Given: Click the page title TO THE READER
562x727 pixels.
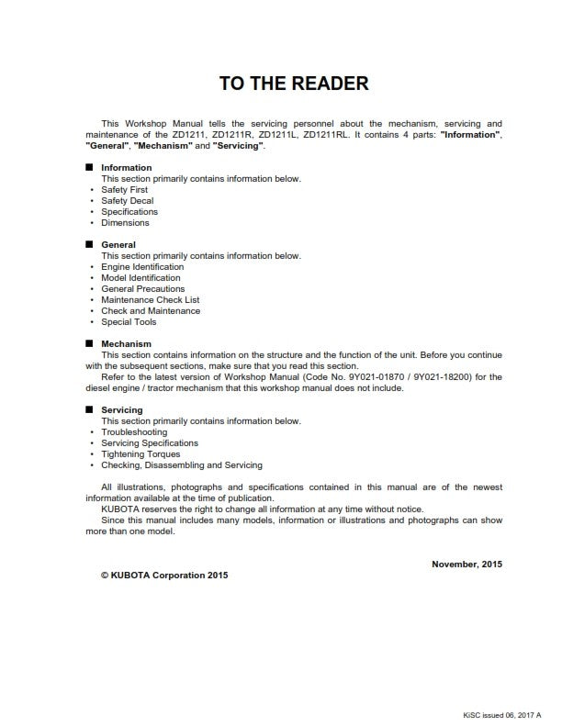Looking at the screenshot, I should click(x=294, y=84).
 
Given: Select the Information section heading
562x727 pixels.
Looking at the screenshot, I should click(x=126, y=168).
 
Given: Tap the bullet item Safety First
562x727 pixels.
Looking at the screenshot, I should click(x=124, y=190).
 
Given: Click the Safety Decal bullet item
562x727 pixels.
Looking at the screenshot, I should click(x=127, y=201).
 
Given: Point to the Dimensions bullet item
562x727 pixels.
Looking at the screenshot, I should click(x=125, y=223).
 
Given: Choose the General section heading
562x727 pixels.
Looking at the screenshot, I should click(x=118, y=245).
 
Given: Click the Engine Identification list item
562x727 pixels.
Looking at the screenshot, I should click(x=142, y=267).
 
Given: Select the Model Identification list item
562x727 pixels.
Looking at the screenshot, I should click(x=140, y=278).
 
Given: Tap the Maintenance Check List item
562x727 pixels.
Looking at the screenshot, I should click(x=150, y=300).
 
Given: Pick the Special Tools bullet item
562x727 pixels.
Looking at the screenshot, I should click(x=129, y=322).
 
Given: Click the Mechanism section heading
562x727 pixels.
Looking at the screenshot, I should click(x=126, y=344).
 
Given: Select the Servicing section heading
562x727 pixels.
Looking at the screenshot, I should click(x=121, y=410).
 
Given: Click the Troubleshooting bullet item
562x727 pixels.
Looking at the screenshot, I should click(x=134, y=432).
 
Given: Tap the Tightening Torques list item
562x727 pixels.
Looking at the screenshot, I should click(x=140, y=454).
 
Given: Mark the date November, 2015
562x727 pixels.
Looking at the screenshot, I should click(x=466, y=564).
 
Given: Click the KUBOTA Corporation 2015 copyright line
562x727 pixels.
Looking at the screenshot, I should click(x=164, y=576).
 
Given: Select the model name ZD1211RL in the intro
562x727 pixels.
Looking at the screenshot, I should click(x=325, y=135).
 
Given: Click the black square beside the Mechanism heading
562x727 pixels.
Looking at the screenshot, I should click(x=89, y=344).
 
